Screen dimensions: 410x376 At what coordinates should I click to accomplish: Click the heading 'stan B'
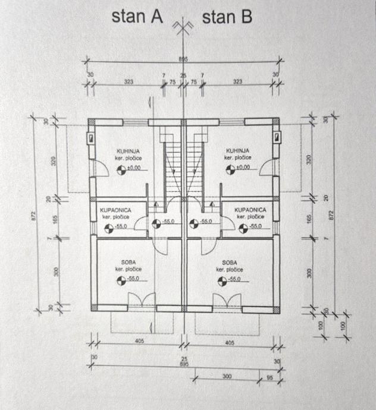tap(227, 17)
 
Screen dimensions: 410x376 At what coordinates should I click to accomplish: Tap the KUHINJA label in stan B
tap(237, 151)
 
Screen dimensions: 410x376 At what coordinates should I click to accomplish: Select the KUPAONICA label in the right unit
tap(250, 210)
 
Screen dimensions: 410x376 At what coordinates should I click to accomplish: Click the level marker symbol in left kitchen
tap(123, 171)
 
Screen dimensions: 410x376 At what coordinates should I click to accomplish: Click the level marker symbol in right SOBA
tap(221, 282)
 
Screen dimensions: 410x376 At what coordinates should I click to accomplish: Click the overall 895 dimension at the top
tap(183, 58)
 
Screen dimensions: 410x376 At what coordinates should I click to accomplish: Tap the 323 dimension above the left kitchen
tap(128, 81)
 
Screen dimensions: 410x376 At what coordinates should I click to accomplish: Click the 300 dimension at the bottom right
tap(226, 376)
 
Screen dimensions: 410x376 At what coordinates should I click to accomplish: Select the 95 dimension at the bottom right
tap(270, 376)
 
